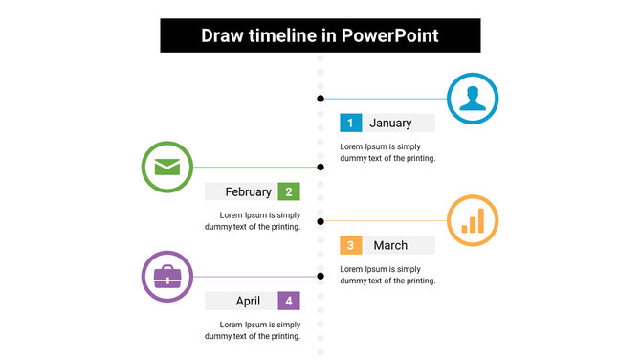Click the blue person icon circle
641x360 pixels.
pos(473,98)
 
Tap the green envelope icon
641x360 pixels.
pos(167,167)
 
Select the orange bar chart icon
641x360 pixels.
pos(473,220)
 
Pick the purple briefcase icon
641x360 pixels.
pos(167,277)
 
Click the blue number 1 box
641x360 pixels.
pos(351,123)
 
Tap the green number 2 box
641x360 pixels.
pos(289,191)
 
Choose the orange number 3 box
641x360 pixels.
pos(351,245)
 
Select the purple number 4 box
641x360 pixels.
pos(289,301)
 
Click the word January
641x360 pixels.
pos(390,123)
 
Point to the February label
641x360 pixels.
pos(248,191)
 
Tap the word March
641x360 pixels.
pos(390,245)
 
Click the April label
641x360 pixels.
pos(248,301)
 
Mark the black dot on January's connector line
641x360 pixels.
pos(320,98)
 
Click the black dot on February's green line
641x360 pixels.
pos(320,167)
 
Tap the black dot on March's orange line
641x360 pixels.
pos(320,220)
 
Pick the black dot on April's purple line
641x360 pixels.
pos(320,277)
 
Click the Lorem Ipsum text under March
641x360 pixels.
pos(387,275)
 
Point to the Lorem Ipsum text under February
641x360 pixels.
pos(253,221)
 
